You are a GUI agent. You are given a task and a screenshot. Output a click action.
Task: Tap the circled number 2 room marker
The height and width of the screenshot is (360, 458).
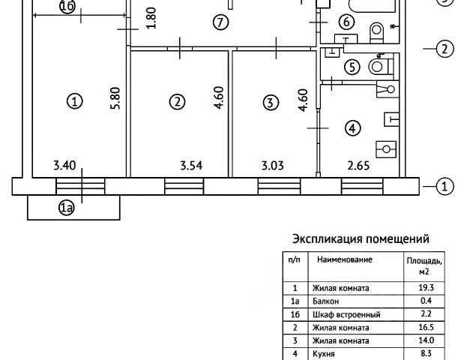[x=177, y=101]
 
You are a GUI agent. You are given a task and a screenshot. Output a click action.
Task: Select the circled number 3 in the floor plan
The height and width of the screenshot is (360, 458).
[x=271, y=101]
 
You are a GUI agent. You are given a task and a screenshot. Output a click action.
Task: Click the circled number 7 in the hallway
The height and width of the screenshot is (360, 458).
[x=220, y=22]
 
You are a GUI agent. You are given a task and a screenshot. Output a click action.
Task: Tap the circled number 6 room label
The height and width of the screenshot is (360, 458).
[x=346, y=22]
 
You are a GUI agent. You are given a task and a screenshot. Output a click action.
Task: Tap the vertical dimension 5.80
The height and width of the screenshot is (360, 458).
[x=115, y=100]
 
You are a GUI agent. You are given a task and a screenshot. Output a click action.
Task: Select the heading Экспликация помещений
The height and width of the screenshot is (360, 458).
[x=360, y=240]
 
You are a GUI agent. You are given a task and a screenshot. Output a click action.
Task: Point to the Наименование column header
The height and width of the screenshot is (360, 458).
[x=345, y=259]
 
